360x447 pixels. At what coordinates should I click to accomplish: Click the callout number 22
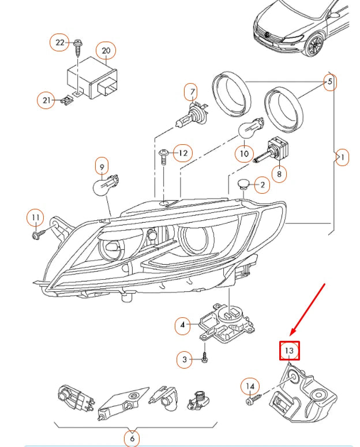tap(61, 43)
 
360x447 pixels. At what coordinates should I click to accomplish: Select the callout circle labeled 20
tap(106, 51)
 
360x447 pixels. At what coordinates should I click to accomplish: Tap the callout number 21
tap(47, 100)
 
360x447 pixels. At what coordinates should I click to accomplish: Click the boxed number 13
tap(290, 350)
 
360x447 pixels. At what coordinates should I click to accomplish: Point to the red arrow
tap(308, 309)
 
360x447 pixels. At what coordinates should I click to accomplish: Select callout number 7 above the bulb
tap(190, 91)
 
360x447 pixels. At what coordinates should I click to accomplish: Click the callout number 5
tap(330, 82)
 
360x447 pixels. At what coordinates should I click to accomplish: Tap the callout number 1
tap(342, 157)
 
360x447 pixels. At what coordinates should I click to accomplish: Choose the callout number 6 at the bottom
tap(132, 438)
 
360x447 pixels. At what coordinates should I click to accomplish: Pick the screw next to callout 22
tap(77, 45)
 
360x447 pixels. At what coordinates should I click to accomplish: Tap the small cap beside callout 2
tap(245, 185)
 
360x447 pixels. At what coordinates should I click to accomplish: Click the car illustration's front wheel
tap(315, 47)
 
